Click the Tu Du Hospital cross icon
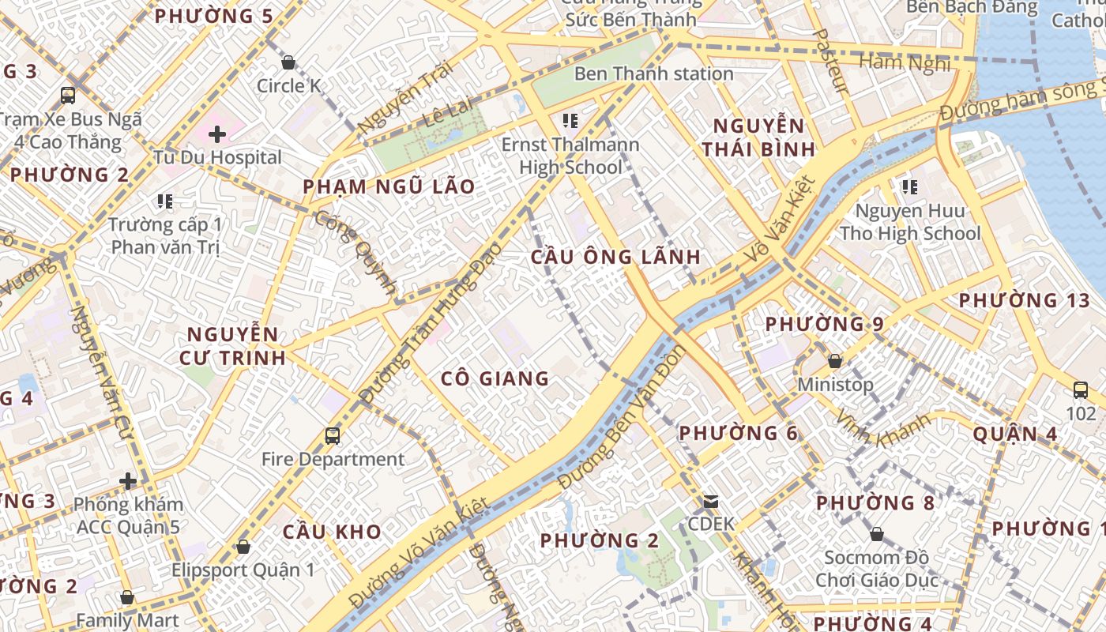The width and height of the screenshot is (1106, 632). point(217,134)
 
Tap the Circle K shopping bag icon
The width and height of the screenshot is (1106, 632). point(288,62)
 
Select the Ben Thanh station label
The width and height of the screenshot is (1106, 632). point(653,73)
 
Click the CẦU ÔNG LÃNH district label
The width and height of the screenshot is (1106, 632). point(615,257)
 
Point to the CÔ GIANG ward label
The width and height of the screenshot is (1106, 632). point(495,378)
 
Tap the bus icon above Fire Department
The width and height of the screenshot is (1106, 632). point(333,435)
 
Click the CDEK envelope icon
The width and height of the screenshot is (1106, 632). point(711,501)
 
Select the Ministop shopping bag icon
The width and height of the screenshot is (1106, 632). point(834,362)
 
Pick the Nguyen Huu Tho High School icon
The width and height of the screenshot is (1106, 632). point(910,187)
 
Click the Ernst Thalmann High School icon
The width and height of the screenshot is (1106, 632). point(570,121)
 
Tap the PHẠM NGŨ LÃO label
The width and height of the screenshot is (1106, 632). point(389,187)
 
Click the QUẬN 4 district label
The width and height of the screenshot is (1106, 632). point(1015,434)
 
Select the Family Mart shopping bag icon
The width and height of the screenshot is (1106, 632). point(127,597)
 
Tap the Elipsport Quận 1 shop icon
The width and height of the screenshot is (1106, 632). point(243,547)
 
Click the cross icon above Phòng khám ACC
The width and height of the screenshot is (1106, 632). point(128,480)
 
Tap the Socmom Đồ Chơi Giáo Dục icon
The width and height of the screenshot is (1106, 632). point(876,535)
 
